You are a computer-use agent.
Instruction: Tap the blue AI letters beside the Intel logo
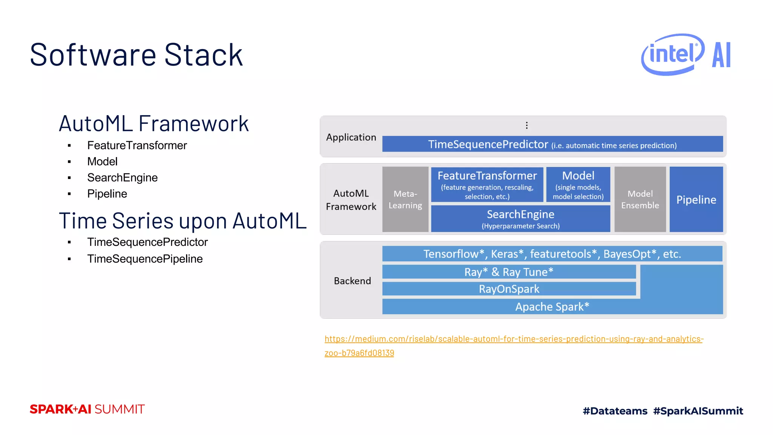point(721,55)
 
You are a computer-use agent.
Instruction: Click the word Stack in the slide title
point(203,55)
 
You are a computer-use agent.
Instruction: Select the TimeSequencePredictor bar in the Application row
point(552,144)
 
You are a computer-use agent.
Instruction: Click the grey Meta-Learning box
point(405,199)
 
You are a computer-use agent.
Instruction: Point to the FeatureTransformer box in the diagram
point(487,185)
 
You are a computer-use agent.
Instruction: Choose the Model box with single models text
point(578,185)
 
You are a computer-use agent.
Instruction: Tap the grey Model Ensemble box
point(640,199)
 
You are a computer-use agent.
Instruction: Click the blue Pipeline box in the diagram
point(696,199)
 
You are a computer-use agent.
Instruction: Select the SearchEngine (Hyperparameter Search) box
point(520,219)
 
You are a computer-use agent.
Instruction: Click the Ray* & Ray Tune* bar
point(508,272)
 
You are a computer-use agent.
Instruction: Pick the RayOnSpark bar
point(508,289)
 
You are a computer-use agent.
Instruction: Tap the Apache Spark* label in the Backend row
point(552,307)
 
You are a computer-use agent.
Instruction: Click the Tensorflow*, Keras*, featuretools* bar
point(552,254)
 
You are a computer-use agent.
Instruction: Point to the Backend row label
point(352,281)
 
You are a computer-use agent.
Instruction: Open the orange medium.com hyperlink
point(513,339)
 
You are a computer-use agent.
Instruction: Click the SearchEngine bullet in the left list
point(122,177)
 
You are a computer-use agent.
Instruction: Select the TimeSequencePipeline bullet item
point(145,259)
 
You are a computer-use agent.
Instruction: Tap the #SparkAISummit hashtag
point(698,411)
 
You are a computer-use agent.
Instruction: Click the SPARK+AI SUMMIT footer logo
point(87,409)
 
